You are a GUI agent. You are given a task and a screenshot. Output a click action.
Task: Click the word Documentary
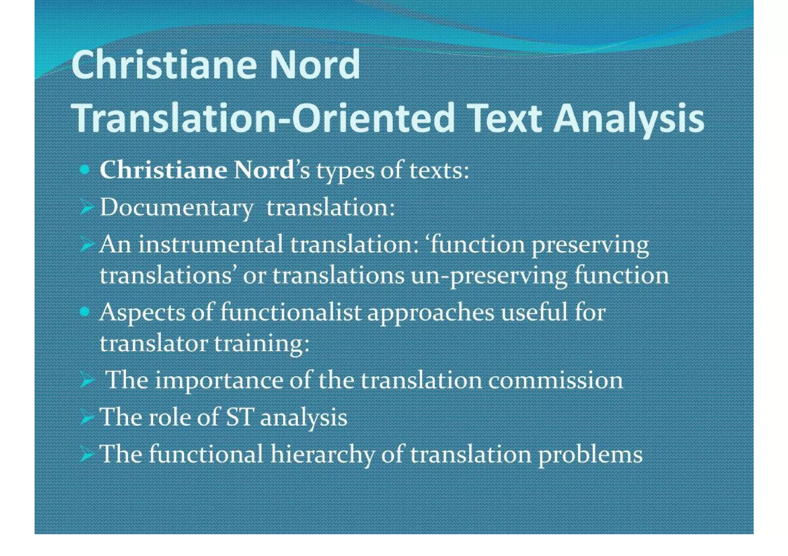(x=177, y=208)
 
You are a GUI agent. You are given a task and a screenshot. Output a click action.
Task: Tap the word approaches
(x=431, y=313)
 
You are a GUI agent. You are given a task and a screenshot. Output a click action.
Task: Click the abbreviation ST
(x=239, y=417)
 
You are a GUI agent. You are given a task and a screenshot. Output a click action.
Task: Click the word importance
(x=219, y=381)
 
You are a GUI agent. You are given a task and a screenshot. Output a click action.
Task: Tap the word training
(x=262, y=344)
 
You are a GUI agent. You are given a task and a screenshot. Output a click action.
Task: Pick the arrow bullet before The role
(x=87, y=418)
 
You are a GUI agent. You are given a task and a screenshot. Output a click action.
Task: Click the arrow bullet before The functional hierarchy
(x=87, y=455)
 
